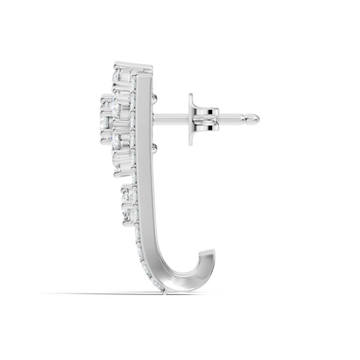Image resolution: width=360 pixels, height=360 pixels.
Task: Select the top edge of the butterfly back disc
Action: [x=190, y=95]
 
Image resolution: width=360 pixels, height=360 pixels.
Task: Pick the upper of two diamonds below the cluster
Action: [x=129, y=192]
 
